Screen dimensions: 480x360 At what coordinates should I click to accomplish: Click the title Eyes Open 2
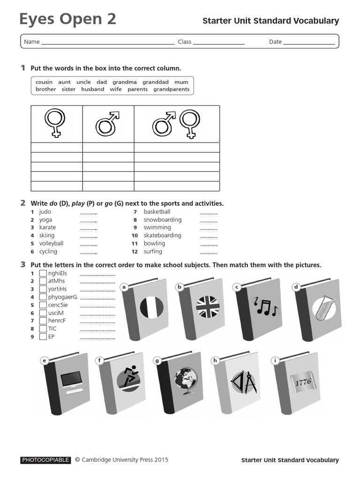point(67,19)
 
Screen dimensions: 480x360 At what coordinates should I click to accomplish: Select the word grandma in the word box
point(125,82)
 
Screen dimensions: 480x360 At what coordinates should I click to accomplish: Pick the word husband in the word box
point(92,89)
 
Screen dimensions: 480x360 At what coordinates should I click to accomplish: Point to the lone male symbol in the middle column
point(108,124)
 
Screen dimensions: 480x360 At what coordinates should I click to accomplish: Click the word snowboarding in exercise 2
point(162,220)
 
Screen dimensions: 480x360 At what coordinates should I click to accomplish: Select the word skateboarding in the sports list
point(162,236)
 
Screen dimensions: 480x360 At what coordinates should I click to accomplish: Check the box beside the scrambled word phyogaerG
point(43,297)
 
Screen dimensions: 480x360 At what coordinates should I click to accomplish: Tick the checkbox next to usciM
point(43,313)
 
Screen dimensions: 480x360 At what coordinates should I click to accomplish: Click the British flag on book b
point(208,307)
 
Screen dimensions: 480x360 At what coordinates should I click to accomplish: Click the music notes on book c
point(265,306)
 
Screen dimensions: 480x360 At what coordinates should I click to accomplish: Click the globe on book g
point(186,380)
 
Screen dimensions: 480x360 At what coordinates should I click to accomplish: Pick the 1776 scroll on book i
point(303,382)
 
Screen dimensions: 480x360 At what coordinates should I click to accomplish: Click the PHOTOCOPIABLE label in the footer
point(45,460)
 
